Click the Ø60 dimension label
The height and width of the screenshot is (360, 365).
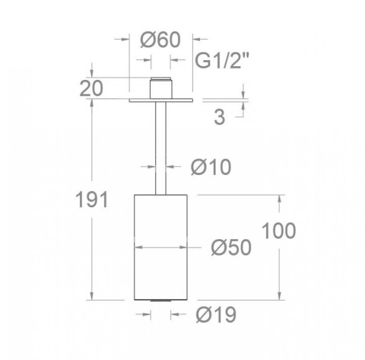point(160,40)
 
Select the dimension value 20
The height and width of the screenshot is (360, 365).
point(91,88)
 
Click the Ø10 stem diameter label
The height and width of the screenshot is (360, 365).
point(211,166)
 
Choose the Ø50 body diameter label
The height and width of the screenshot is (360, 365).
point(231,247)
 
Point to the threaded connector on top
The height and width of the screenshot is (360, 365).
point(160,88)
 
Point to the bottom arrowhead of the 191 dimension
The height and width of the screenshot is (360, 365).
point(91,298)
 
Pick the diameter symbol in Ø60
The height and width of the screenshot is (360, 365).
point(149,40)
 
